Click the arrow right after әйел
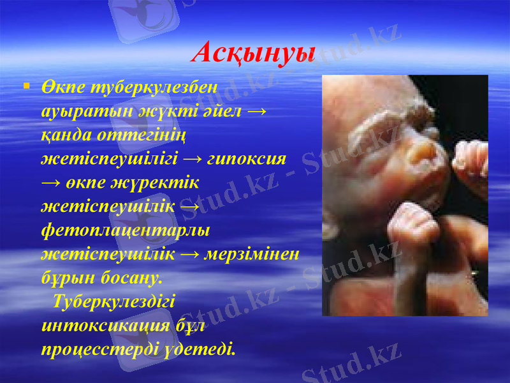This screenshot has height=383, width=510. pos(255,110)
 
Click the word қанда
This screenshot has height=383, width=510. pos(66,134)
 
